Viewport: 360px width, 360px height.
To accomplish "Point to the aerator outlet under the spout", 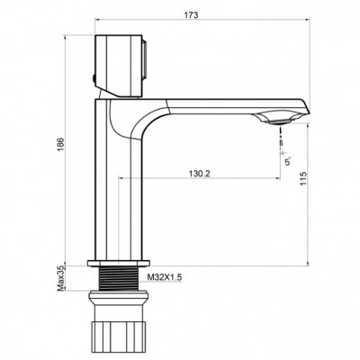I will (281, 118).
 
